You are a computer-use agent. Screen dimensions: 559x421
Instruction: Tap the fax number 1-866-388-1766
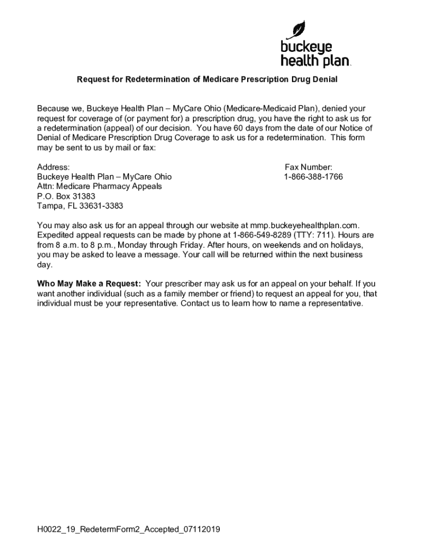pyautogui.click(x=313, y=177)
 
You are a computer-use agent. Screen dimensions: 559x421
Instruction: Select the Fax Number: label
pyautogui.click(x=308, y=167)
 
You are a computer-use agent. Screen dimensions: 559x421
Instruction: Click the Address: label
pyautogui.click(x=53, y=167)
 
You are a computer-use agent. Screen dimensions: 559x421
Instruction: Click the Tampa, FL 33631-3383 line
pyautogui.click(x=80, y=206)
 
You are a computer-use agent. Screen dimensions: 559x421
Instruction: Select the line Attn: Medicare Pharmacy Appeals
pyautogui.click(x=100, y=186)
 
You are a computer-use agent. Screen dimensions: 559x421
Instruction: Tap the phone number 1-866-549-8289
pyautogui.click(x=259, y=235)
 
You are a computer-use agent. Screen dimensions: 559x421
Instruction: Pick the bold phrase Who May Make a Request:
pyautogui.click(x=89, y=284)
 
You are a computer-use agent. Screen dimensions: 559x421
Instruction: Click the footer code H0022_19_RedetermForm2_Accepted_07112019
pyautogui.click(x=128, y=530)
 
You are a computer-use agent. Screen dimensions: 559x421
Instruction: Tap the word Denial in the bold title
pyautogui.click(x=325, y=80)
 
